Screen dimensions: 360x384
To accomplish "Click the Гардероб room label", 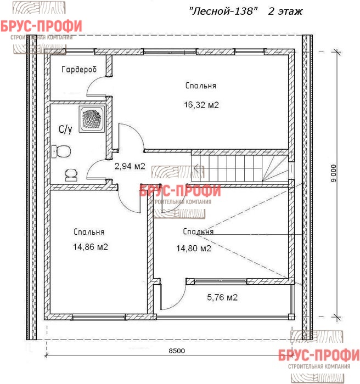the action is click(x=79, y=70).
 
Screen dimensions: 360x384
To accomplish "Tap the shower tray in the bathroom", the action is click(x=92, y=119).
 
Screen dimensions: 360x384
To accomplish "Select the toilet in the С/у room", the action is click(x=61, y=151).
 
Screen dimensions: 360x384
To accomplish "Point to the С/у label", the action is click(x=65, y=129).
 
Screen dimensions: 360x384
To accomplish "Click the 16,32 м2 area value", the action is click(x=201, y=105).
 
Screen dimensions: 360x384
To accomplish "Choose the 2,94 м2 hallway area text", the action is click(x=130, y=166).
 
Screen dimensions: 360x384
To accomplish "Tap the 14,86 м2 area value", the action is click(x=91, y=247).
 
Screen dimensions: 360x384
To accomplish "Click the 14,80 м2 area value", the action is click(x=194, y=249).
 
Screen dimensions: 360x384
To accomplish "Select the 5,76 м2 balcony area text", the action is click(x=222, y=297).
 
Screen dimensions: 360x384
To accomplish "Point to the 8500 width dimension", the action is click(x=177, y=351).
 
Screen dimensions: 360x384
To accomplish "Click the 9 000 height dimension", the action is click(x=334, y=173).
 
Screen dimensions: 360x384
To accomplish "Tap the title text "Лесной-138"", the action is click(x=223, y=12).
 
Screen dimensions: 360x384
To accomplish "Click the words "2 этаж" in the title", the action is click(x=285, y=12).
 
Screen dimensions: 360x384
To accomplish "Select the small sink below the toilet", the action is click(x=71, y=174).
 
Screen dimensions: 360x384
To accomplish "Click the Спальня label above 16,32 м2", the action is click(x=201, y=86).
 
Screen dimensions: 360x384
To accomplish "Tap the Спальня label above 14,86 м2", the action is click(x=89, y=231).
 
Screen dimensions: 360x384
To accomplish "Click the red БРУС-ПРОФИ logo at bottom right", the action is click(x=319, y=355).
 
